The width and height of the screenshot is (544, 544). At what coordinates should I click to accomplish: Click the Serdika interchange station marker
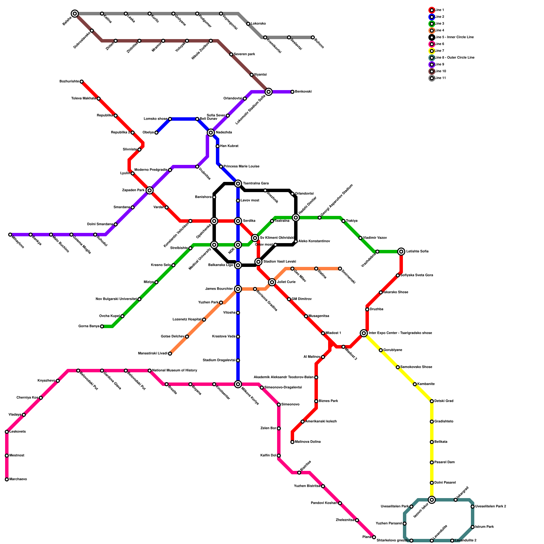click(238, 221)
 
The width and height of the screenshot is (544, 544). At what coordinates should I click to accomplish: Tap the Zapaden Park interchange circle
click(150, 190)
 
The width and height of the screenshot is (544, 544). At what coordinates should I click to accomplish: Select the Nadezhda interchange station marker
click(211, 133)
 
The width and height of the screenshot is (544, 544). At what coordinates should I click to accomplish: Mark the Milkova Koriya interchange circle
click(238, 384)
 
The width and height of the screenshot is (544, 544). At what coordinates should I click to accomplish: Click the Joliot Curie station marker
click(272, 282)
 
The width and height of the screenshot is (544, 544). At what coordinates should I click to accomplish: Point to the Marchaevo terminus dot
click(7, 479)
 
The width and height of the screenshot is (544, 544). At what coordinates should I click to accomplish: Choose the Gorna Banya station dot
click(102, 326)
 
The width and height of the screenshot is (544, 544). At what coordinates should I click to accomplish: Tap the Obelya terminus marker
click(156, 133)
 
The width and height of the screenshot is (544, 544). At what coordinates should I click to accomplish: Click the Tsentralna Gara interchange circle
click(238, 184)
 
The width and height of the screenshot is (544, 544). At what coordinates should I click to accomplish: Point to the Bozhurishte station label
click(69, 82)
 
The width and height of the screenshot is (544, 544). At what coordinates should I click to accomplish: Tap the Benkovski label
click(303, 92)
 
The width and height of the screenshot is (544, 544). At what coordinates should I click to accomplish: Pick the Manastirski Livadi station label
click(153, 354)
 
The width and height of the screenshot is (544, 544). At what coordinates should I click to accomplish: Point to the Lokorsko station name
click(258, 24)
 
